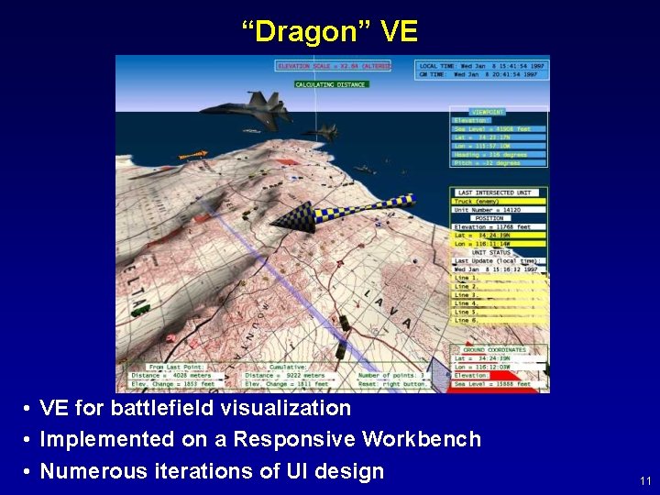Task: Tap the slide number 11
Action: [x=645, y=480]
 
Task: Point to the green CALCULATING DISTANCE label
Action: [x=331, y=84]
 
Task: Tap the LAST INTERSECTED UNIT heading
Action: [x=498, y=192]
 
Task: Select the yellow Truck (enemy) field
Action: [x=477, y=201]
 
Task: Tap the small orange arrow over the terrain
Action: [x=192, y=156]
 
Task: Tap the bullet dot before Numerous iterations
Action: [x=29, y=471]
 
